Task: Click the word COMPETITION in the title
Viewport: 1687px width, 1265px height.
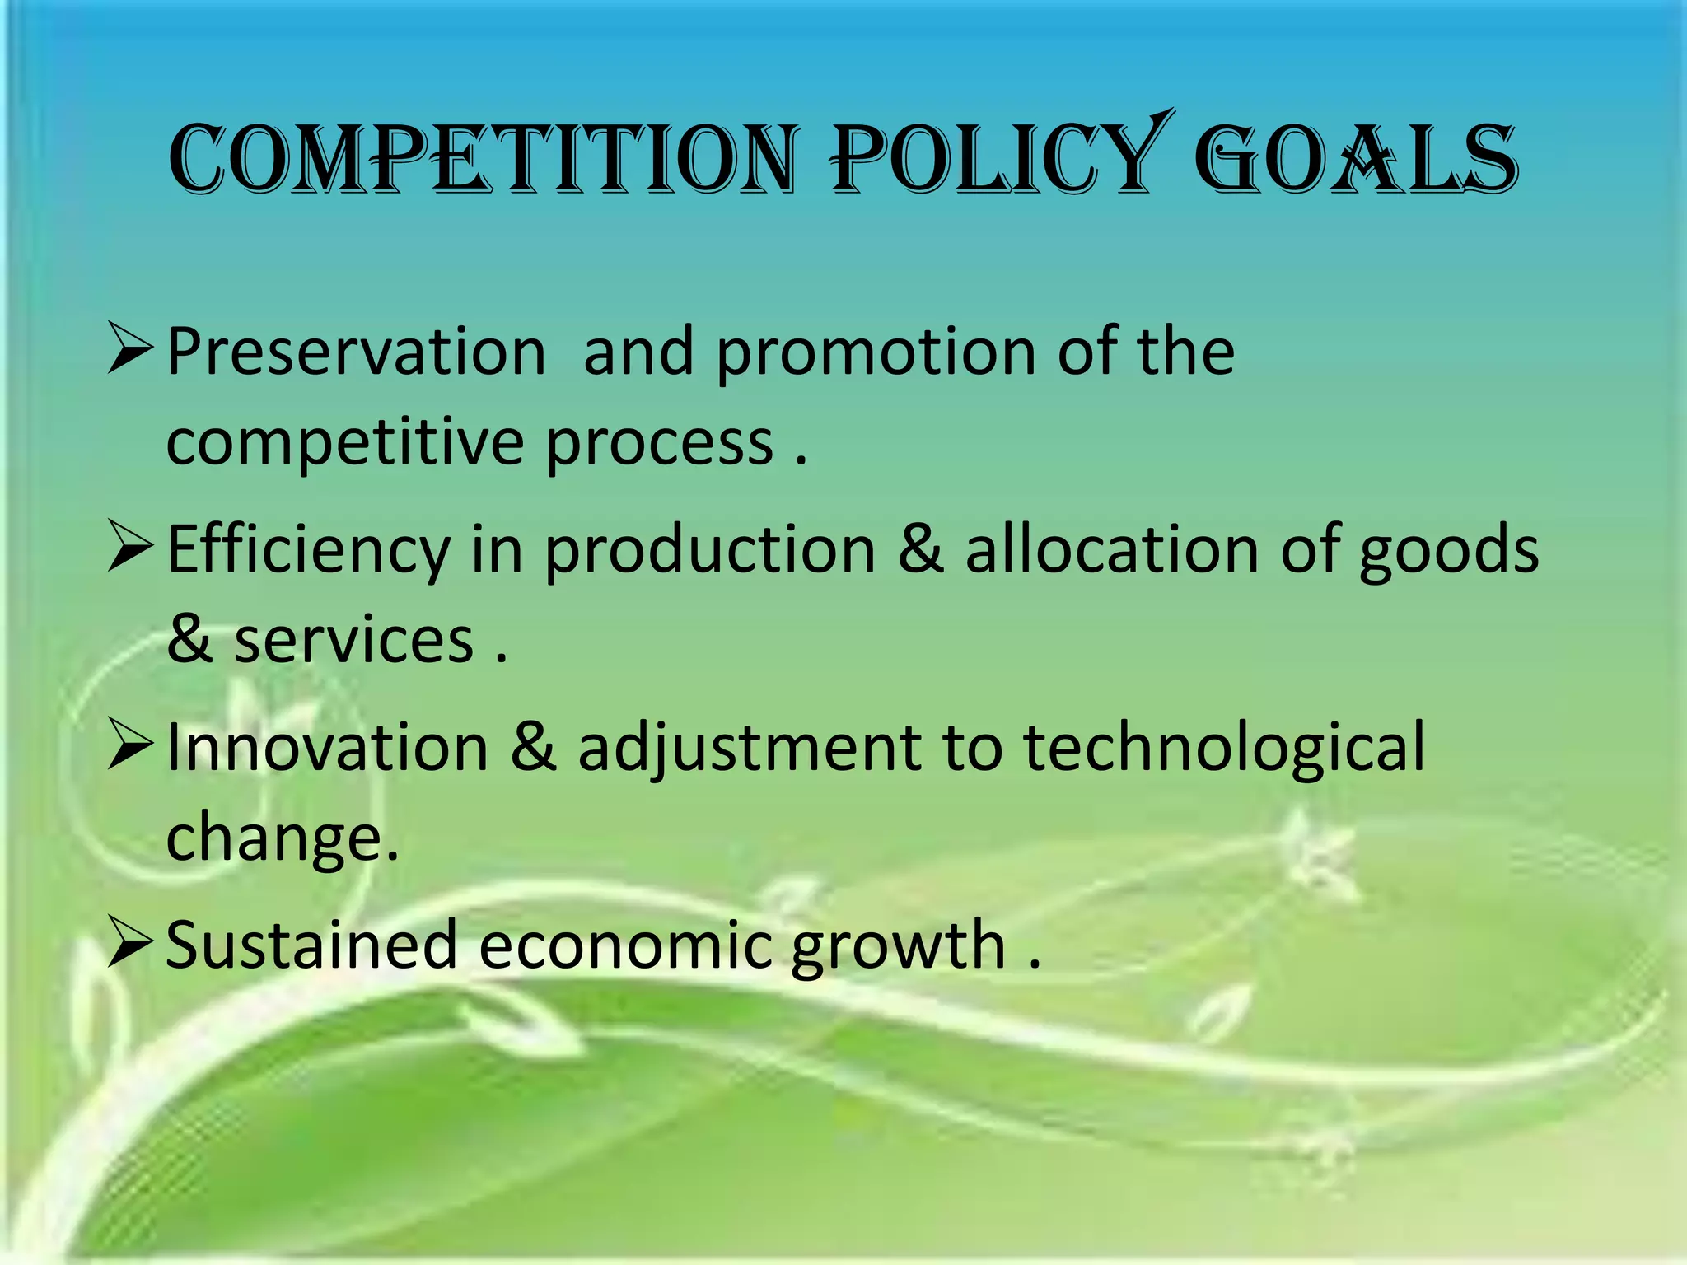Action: coord(483,160)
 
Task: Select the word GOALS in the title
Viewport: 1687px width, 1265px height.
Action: coord(1356,160)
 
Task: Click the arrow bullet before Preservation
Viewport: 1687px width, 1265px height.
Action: coord(130,350)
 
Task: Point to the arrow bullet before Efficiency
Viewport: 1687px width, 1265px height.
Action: coord(130,548)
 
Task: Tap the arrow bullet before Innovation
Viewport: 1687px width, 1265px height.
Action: coord(130,746)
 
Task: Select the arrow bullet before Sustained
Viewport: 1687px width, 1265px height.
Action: coord(130,944)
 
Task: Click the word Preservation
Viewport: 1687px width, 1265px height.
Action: coord(357,352)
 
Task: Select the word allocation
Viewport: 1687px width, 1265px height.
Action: coord(1112,550)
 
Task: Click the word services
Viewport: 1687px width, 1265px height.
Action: coord(353,641)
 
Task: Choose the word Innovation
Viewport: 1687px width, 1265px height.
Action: coord(328,748)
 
